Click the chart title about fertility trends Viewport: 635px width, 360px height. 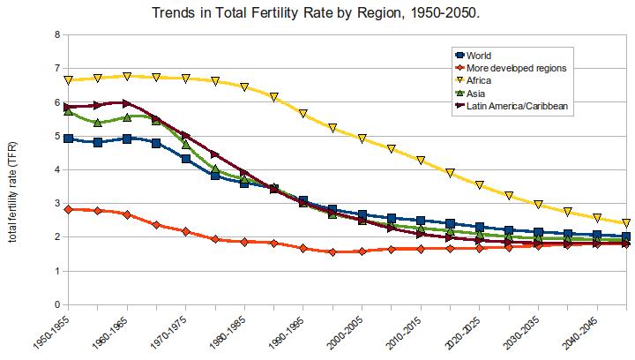pos(317,13)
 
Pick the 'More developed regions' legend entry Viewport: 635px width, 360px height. pos(515,68)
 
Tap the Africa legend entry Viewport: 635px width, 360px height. pos(483,80)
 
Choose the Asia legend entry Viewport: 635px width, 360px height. pos(482,93)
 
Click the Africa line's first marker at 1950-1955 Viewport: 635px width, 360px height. pos(68,80)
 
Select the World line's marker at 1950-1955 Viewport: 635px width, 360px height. pos(68,139)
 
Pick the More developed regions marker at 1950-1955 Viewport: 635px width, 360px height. pos(68,209)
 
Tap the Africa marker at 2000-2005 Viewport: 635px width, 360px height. pos(362,139)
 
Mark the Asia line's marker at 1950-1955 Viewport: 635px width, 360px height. pos(68,110)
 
